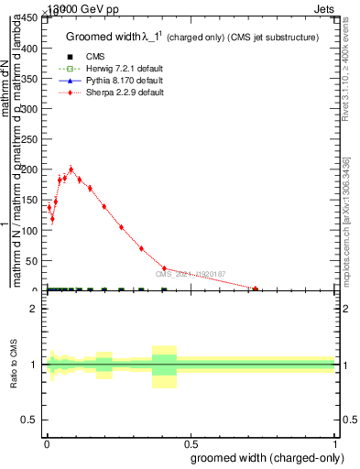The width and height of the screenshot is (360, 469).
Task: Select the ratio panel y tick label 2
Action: [x=33, y=309]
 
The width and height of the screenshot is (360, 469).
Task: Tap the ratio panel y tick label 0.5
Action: [x=29, y=420]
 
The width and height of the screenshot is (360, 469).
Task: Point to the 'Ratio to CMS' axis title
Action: [x=14, y=365]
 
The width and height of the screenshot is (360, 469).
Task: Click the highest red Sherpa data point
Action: [x=71, y=169]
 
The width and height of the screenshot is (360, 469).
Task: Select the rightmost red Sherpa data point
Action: [x=256, y=289]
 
